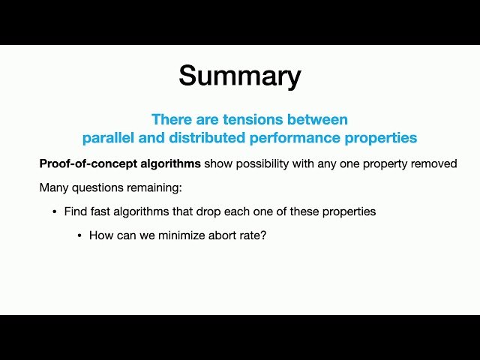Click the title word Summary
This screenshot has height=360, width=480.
[240, 76]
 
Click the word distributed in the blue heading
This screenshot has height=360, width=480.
[208, 138]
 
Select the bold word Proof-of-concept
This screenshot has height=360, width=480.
[85, 163]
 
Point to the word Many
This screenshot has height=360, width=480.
[53, 187]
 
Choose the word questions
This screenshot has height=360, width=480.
[97, 187]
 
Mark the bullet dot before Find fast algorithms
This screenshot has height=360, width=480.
[54, 211]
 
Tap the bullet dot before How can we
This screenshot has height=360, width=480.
[79, 235]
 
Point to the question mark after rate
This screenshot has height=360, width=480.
[264, 235]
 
